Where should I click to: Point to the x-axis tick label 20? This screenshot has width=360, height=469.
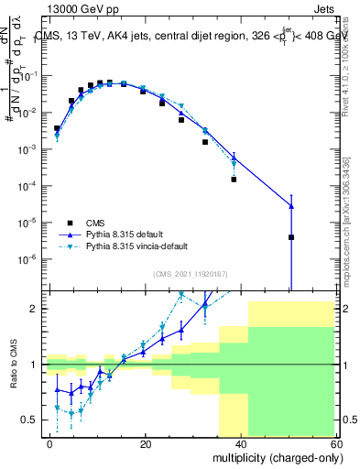(x=145, y=442)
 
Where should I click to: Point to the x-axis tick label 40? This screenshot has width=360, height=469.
(x=240, y=442)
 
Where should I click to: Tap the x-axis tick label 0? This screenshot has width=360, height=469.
(x=49, y=442)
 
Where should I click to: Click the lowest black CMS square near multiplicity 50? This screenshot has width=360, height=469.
(x=291, y=237)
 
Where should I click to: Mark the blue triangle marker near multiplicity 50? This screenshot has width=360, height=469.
(x=291, y=206)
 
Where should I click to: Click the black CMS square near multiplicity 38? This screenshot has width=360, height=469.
(x=235, y=180)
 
